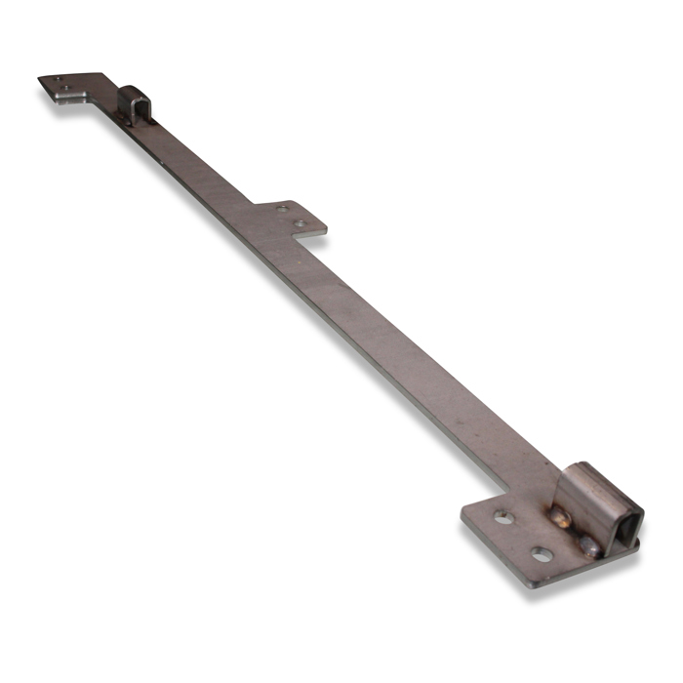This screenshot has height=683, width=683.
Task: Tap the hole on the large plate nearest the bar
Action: (x=503, y=517)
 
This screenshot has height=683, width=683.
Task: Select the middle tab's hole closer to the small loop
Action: (x=283, y=209)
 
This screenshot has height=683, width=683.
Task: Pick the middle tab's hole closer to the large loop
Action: (x=301, y=224)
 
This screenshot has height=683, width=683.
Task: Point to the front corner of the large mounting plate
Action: (x=528, y=583)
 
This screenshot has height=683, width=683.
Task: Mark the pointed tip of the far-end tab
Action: (x=40, y=78)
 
